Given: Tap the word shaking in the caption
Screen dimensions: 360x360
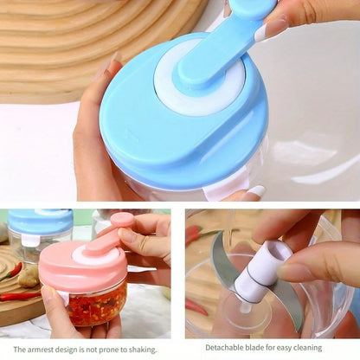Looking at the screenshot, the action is [x=143, y=350].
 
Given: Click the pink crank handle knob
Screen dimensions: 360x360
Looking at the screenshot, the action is [x=123, y=220].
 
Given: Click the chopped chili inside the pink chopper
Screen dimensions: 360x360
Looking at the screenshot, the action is [x=97, y=305].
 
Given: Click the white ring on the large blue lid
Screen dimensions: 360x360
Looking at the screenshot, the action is [x=199, y=78].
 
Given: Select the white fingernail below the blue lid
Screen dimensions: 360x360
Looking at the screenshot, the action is [x=257, y=191].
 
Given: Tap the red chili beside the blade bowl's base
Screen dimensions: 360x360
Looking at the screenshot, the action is [x=196, y=307].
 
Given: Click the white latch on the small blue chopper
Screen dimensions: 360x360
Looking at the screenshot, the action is [x=30, y=241].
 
